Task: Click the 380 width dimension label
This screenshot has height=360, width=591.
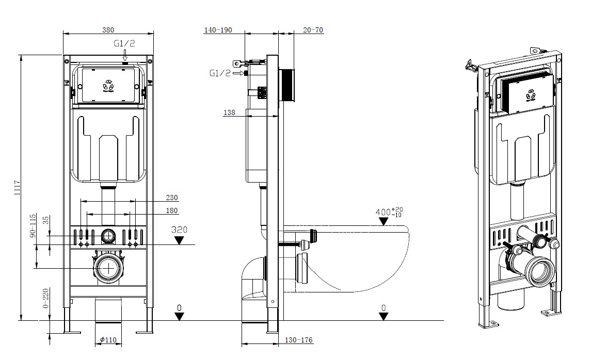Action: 108,30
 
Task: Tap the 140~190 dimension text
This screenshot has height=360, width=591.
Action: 218,30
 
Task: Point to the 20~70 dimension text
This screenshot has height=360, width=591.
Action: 313,30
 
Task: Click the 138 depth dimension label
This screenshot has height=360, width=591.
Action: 230,112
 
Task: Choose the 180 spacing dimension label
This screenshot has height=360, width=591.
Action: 172,210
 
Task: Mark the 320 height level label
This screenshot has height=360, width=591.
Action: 179,230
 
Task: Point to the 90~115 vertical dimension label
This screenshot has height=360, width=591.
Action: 33,225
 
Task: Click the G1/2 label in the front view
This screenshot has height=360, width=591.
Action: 124,44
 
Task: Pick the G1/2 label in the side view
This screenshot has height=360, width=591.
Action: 220,73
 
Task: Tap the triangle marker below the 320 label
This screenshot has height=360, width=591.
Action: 180,240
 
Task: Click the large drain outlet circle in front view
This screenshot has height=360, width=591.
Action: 108,268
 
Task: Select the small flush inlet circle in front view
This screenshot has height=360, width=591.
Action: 108,236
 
